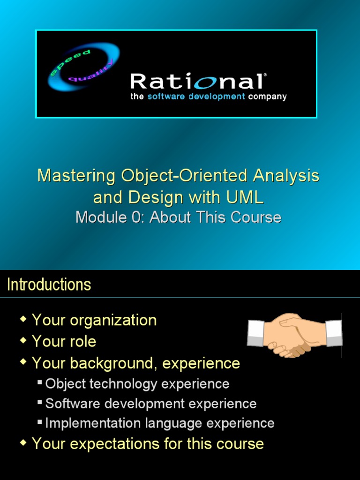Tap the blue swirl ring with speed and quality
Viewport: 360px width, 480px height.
(83, 67)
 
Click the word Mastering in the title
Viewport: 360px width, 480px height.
(76, 176)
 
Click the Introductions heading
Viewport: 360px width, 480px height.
(49, 285)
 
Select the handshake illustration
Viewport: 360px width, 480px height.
(294, 335)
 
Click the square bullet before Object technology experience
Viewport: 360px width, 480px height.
(40, 383)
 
